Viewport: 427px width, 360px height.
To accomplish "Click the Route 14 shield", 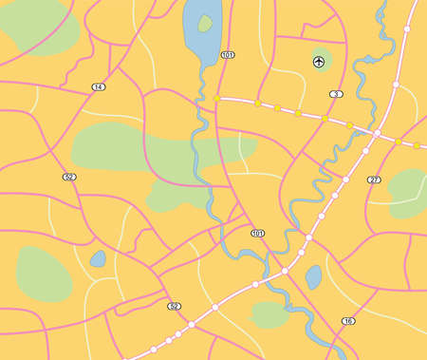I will (98, 86).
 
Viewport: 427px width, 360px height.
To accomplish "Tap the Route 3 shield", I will (336, 94).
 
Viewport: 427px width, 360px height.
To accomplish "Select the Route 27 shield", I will (374, 180).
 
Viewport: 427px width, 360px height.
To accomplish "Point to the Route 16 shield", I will (348, 321).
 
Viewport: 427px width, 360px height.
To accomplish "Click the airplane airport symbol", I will (319, 63).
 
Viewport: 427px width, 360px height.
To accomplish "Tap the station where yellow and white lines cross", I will (376, 134).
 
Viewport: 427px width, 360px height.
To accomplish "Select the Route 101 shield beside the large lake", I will (227, 55).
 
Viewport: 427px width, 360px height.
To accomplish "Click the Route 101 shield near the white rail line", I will (257, 233).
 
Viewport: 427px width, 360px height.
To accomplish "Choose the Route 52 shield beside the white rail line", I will (174, 306).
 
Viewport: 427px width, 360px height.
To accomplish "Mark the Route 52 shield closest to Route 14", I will (69, 177).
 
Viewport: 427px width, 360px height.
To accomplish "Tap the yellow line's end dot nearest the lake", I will (217, 98).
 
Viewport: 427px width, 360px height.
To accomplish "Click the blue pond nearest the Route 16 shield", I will (314, 276).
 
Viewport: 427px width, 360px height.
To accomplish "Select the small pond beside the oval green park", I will (97, 257).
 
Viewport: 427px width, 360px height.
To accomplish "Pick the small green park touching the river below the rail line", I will (269, 313).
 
